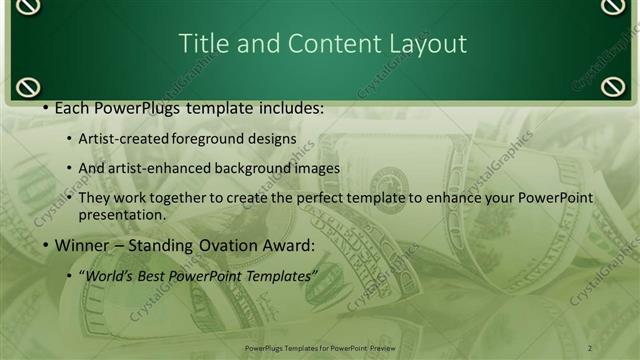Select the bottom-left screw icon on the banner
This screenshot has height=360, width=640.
pyautogui.click(x=29, y=86)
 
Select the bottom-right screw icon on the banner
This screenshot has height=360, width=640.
pyautogui.click(x=613, y=86)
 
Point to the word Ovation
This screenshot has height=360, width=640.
pyautogui.click(x=218, y=245)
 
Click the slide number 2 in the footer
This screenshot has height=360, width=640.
pyautogui.click(x=590, y=348)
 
